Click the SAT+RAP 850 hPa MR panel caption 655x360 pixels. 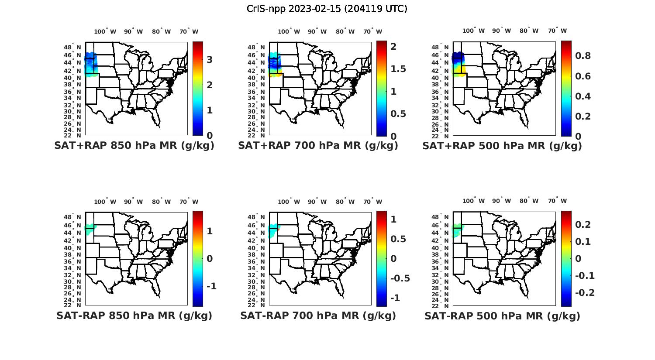134,146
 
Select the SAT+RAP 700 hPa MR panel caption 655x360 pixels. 318,146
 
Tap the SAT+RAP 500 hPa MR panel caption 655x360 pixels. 502,146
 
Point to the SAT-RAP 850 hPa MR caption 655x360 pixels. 134,315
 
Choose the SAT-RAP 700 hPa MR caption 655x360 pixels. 318,315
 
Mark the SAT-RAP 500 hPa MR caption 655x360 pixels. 502,316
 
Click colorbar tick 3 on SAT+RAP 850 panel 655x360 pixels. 210,60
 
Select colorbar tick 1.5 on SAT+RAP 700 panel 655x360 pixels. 398,69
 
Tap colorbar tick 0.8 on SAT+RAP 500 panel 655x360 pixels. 583,56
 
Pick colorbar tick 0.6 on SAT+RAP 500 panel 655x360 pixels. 583,76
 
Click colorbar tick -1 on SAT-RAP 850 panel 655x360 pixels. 211,286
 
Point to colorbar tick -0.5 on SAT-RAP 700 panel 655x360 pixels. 400,278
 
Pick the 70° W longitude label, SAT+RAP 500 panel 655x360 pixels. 557,31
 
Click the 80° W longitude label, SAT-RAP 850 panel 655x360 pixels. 162,202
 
